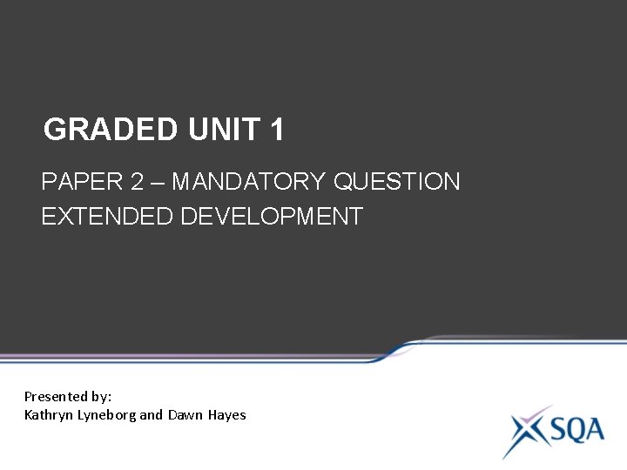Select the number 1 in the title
[x=277, y=130]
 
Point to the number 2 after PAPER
[x=138, y=182]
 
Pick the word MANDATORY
[x=248, y=182]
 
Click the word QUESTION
[x=397, y=182]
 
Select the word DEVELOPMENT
[x=272, y=217]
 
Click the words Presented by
[x=68, y=396]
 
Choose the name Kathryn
[x=50, y=415]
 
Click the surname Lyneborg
[x=107, y=415]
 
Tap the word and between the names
[x=152, y=415]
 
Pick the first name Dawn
[x=185, y=415]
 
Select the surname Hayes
[x=226, y=415]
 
